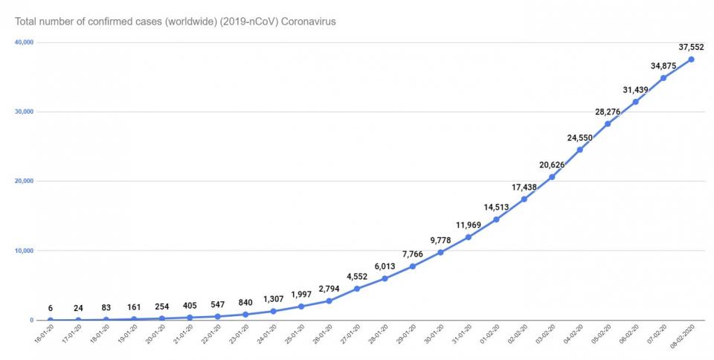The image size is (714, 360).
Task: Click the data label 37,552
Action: tap(691, 47)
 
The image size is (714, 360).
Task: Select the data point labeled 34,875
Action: tap(663, 77)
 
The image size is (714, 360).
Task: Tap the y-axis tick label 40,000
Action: tap(24, 42)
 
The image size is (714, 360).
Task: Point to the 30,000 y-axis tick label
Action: tap(24, 112)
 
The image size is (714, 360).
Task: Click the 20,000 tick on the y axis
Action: tap(24, 181)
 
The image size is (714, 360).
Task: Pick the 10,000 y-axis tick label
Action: tap(24, 251)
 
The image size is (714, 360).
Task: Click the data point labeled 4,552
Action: tap(357, 289)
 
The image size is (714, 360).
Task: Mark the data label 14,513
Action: tap(496, 207)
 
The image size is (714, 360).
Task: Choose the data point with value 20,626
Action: tap(552, 177)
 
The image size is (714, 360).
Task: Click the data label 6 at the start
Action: tap(51, 308)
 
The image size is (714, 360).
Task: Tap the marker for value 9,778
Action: tap(440, 252)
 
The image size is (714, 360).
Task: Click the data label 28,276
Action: tap(608, 112)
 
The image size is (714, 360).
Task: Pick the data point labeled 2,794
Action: tap(329, 300)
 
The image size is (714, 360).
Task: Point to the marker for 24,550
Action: tap(579, 150)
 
